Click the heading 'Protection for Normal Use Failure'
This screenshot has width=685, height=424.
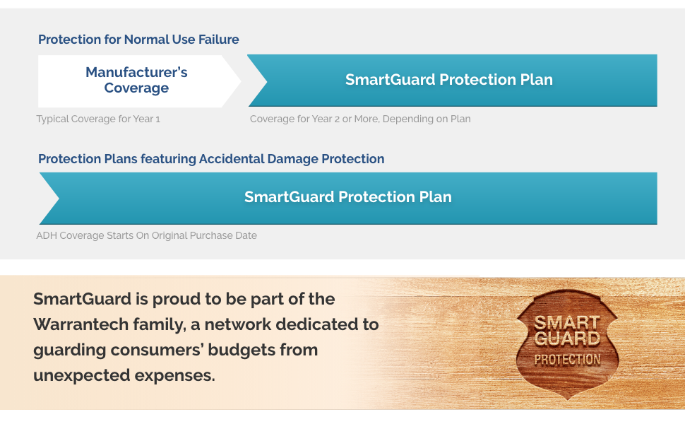(x=138, y=40)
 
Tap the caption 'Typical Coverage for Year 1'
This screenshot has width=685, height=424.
(x=98, y=119)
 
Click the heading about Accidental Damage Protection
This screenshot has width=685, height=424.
(x=211, y=159)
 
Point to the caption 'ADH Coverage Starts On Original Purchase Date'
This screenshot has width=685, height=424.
(x=146, y=235)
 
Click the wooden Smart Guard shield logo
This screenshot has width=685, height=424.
(x=567, y=344)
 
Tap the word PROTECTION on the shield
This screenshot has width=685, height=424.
(x=567, y=360)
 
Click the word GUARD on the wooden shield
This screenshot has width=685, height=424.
(x=567, y=338)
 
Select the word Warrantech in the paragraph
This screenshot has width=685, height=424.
(x=81, y=324)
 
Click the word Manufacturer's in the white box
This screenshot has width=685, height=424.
(x=136, y=72)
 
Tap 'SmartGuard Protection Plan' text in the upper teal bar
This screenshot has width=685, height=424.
(x=449, y=80)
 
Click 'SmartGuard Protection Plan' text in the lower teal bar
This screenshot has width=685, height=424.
(x=347, y=197)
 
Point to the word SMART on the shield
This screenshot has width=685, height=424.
(x=566, y=322)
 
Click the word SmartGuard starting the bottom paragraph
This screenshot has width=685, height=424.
(x=82, y=299)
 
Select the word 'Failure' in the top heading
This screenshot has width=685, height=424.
(x=219, y=40)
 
